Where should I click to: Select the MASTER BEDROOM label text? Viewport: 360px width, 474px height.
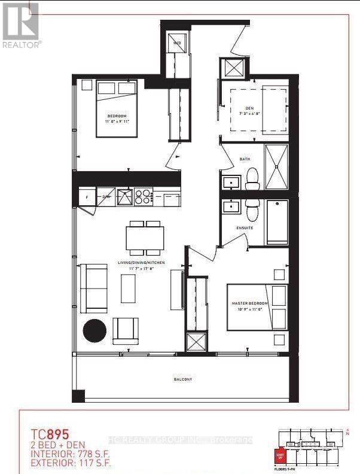click(248, 304)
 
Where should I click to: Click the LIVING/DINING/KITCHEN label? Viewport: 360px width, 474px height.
click(142, 263)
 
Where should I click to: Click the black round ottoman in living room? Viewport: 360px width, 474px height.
click(94, 330)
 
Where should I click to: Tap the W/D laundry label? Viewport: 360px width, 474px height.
click(178, 43)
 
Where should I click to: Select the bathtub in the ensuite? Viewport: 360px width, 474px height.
click(277, 221)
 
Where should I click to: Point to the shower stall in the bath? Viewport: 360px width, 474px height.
click(277, 168)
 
